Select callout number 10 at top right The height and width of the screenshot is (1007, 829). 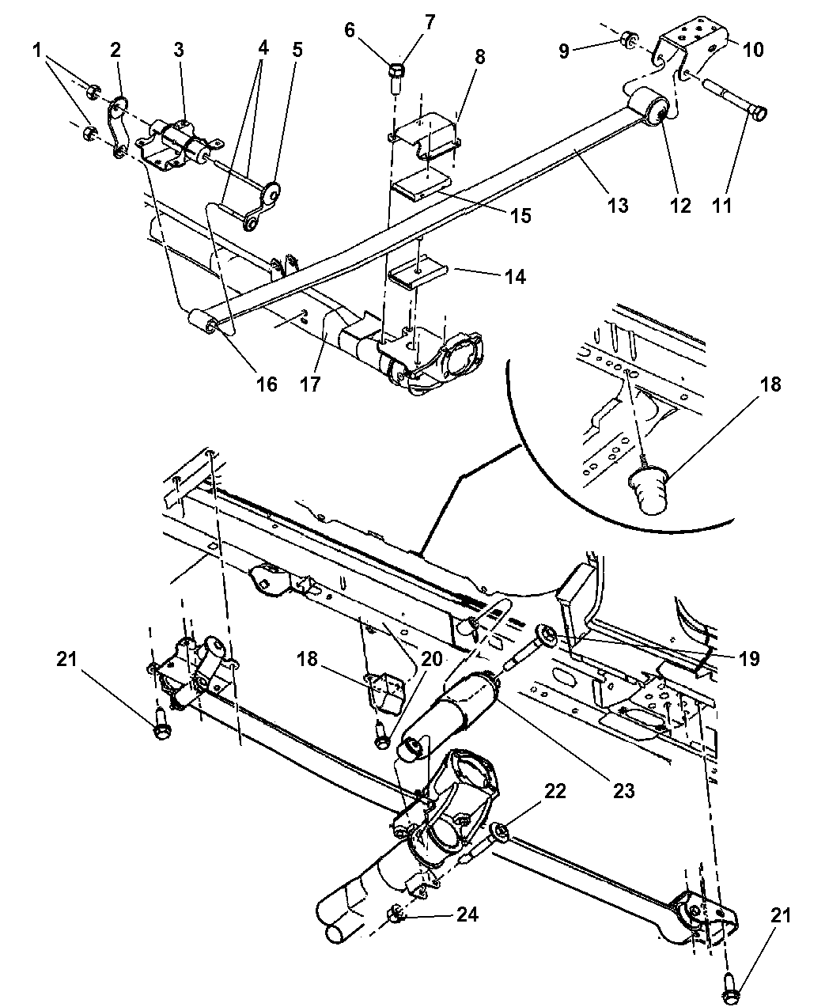click(753, 50)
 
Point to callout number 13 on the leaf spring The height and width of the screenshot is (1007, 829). click(617, 205)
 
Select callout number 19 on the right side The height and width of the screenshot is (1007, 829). click(748, 658)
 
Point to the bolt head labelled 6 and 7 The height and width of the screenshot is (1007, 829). click(397, 74)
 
